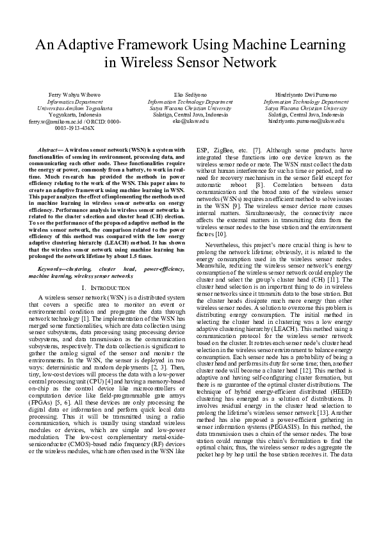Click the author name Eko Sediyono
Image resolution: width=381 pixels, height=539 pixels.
pyautogui.click(x=190, y=95)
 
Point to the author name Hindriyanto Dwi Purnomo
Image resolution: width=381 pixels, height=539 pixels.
pyautogui.click(x=306, y=95)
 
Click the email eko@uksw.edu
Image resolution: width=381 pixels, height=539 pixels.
pyautogui.click(x=190, y=121)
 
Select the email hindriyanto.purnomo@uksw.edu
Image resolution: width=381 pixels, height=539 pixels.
pyautogui.click(x=306, y=121)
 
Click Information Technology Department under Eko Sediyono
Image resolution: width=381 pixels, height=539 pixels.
pyautogui.click(x=190, y=102)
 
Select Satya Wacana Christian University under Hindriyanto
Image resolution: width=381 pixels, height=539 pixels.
pyautogui.click(x=306, y=108)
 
